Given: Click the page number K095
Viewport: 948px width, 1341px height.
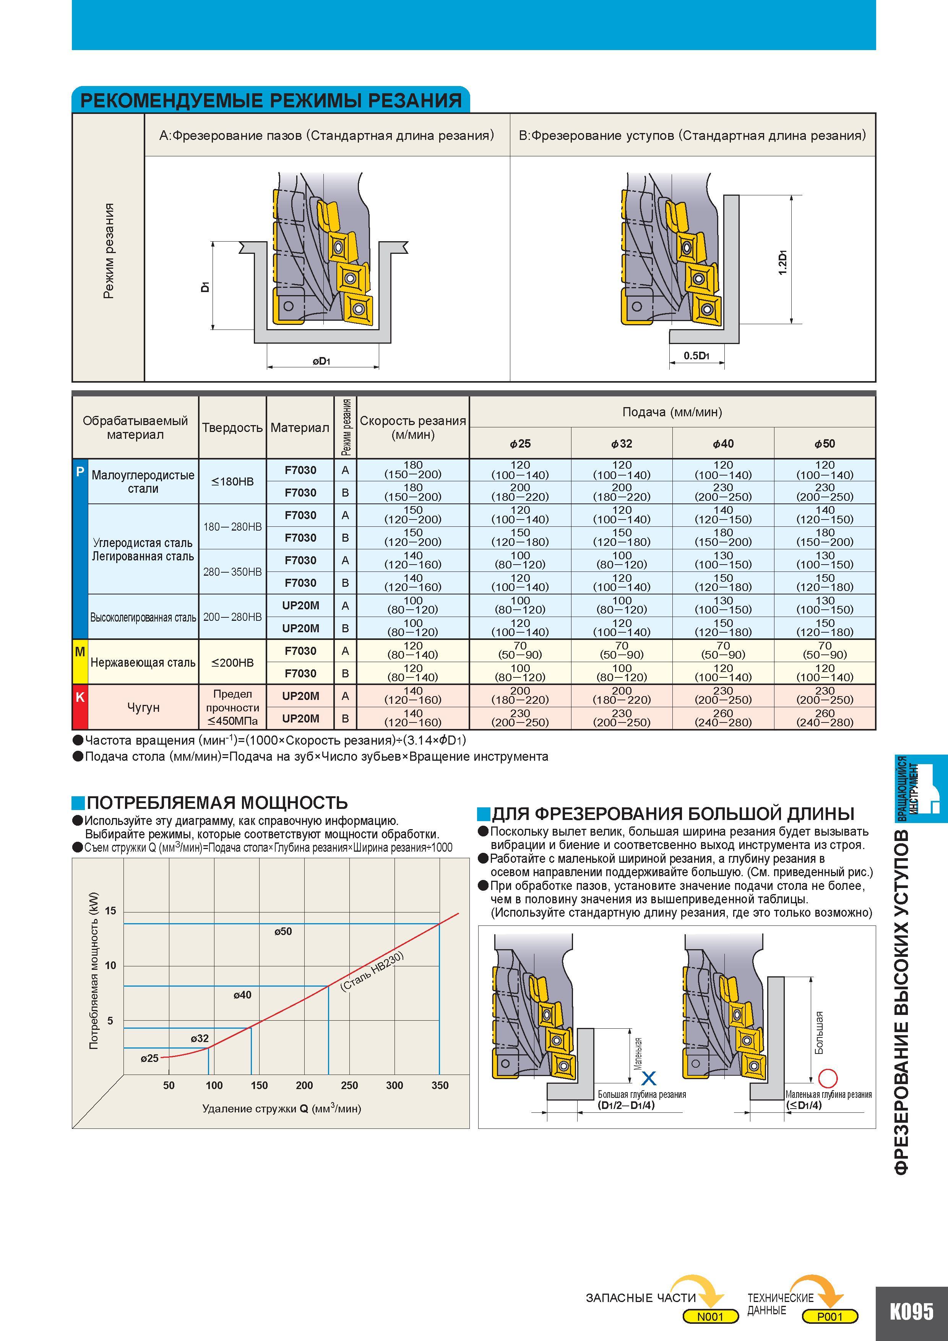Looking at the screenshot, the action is pos(912,1311).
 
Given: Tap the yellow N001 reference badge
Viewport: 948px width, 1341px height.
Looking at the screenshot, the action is pos(710,1317).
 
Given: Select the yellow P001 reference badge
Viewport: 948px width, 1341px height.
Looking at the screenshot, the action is pos(830,1317).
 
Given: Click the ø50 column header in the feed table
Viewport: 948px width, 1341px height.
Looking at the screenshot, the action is pos(825,444).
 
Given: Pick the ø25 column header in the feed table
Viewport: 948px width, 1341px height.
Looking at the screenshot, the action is pos(520,444).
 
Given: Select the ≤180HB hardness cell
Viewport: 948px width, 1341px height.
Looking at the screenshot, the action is pos(232,482).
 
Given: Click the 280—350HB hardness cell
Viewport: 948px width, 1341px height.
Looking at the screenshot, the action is pos(232,572).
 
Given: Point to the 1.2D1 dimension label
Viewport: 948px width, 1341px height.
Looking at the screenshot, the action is pos(783,263).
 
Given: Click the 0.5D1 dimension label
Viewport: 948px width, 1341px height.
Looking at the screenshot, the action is pos(696,355).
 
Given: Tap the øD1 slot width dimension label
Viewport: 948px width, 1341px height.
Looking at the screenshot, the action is pos(321,362).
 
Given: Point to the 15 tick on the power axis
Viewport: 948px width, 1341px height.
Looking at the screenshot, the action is pos(110,911).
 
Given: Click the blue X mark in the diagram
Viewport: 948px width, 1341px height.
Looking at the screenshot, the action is pos(649,1078).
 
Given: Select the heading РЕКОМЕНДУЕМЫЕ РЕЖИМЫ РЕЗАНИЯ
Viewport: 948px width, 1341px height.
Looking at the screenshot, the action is pos(271,101).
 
